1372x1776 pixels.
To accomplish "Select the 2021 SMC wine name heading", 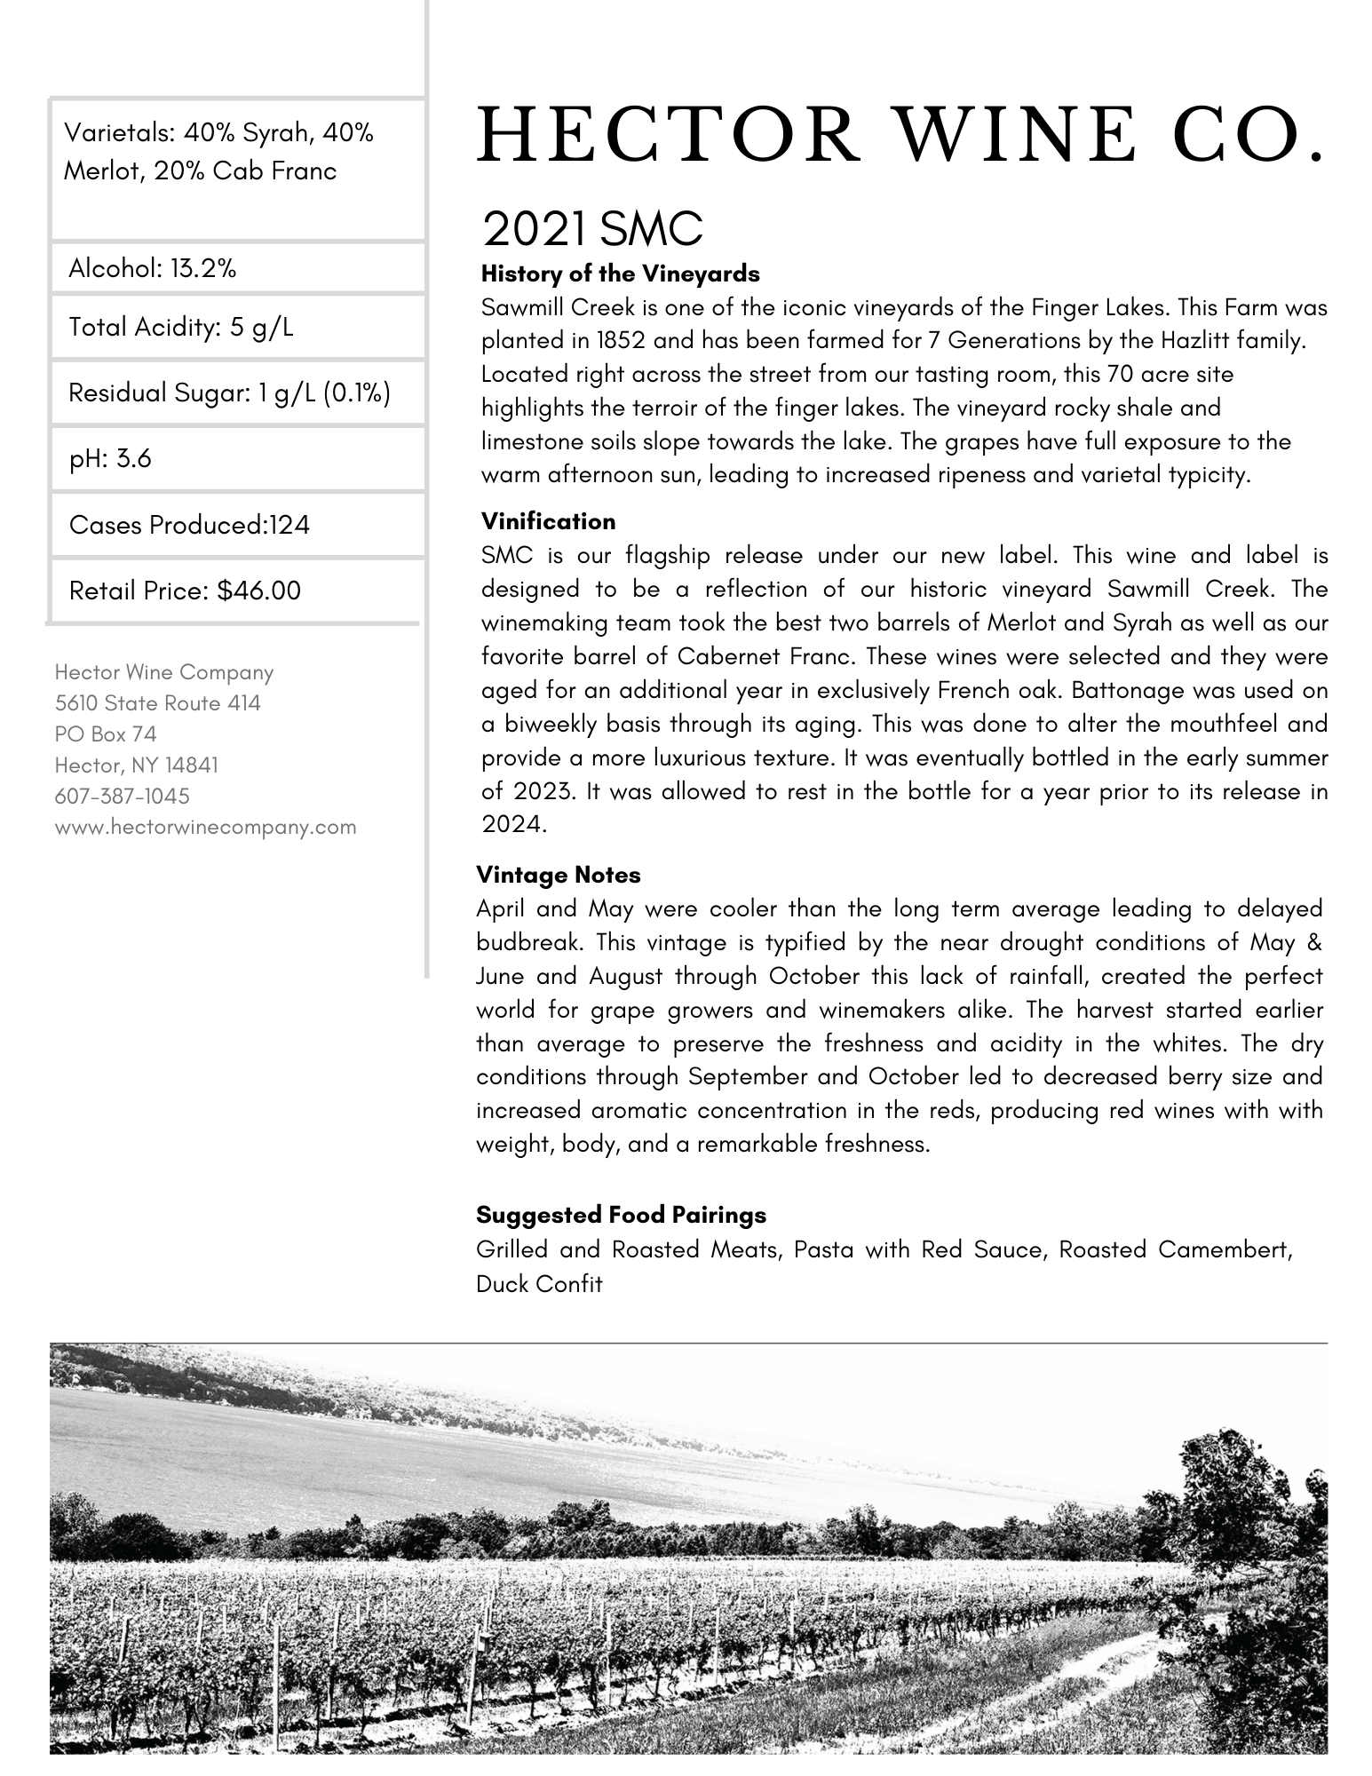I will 591,229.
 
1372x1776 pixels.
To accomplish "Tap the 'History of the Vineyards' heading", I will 620,274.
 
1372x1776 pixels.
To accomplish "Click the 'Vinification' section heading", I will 548,520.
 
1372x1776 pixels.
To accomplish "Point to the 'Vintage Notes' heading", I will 558,875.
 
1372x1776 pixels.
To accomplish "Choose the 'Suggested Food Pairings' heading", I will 621,1214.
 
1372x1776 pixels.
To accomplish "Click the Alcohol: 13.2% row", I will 153,268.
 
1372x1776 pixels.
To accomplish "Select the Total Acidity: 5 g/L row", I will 181,327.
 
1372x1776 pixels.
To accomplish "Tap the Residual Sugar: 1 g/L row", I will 229,392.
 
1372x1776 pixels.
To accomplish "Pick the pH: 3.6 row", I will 110,458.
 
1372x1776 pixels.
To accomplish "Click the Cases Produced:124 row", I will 189,525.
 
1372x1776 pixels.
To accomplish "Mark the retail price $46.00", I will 258,591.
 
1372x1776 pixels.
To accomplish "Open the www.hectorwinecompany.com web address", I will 205,827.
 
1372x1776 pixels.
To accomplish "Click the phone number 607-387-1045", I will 123,796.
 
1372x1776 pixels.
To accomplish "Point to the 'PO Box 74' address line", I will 106,733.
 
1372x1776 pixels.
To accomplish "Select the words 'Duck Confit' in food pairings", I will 539,1283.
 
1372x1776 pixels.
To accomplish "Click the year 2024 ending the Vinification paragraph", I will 510,824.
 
